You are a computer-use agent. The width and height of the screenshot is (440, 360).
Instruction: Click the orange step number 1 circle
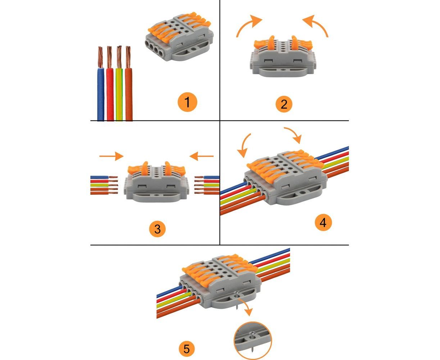click(x=187, y=102)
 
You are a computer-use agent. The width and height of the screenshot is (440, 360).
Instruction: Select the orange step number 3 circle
click(x=157, y=228)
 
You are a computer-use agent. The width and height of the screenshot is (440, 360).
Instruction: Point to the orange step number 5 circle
click(x=186, y=348)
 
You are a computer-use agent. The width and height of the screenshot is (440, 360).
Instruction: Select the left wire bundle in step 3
click(x=104, y=185)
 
